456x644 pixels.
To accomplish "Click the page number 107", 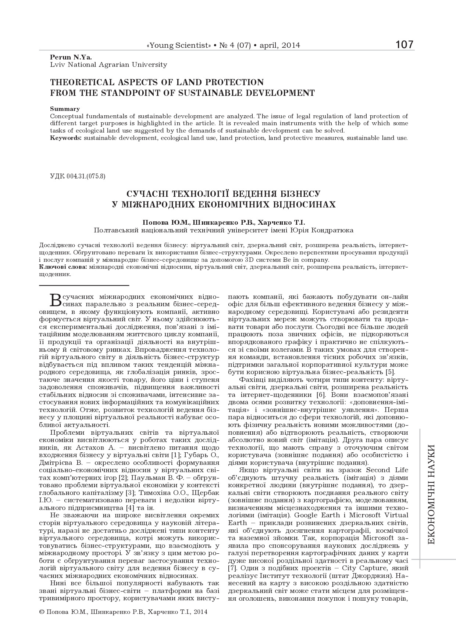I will (405, 45).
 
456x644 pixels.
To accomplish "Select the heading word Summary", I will (65, 109).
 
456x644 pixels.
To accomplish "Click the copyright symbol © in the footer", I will (41, 612).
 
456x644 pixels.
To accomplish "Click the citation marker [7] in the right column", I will (232, 568).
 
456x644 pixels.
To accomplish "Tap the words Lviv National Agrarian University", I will (108, 65).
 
